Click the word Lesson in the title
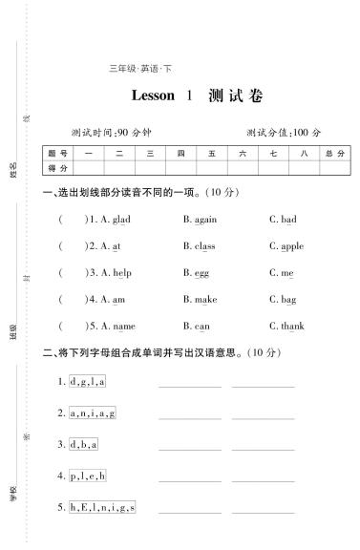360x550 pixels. [153, 95]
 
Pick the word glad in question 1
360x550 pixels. [121, 220]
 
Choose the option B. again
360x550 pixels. [200, 220]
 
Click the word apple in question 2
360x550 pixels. [292, 246]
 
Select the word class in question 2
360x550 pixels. [204, 246]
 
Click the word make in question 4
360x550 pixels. [205, 300]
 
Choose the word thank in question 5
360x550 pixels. [292, 327]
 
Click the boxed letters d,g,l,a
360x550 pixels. [88, 382]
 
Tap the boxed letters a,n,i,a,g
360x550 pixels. [93, 413]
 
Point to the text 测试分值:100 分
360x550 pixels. [284, 132]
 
